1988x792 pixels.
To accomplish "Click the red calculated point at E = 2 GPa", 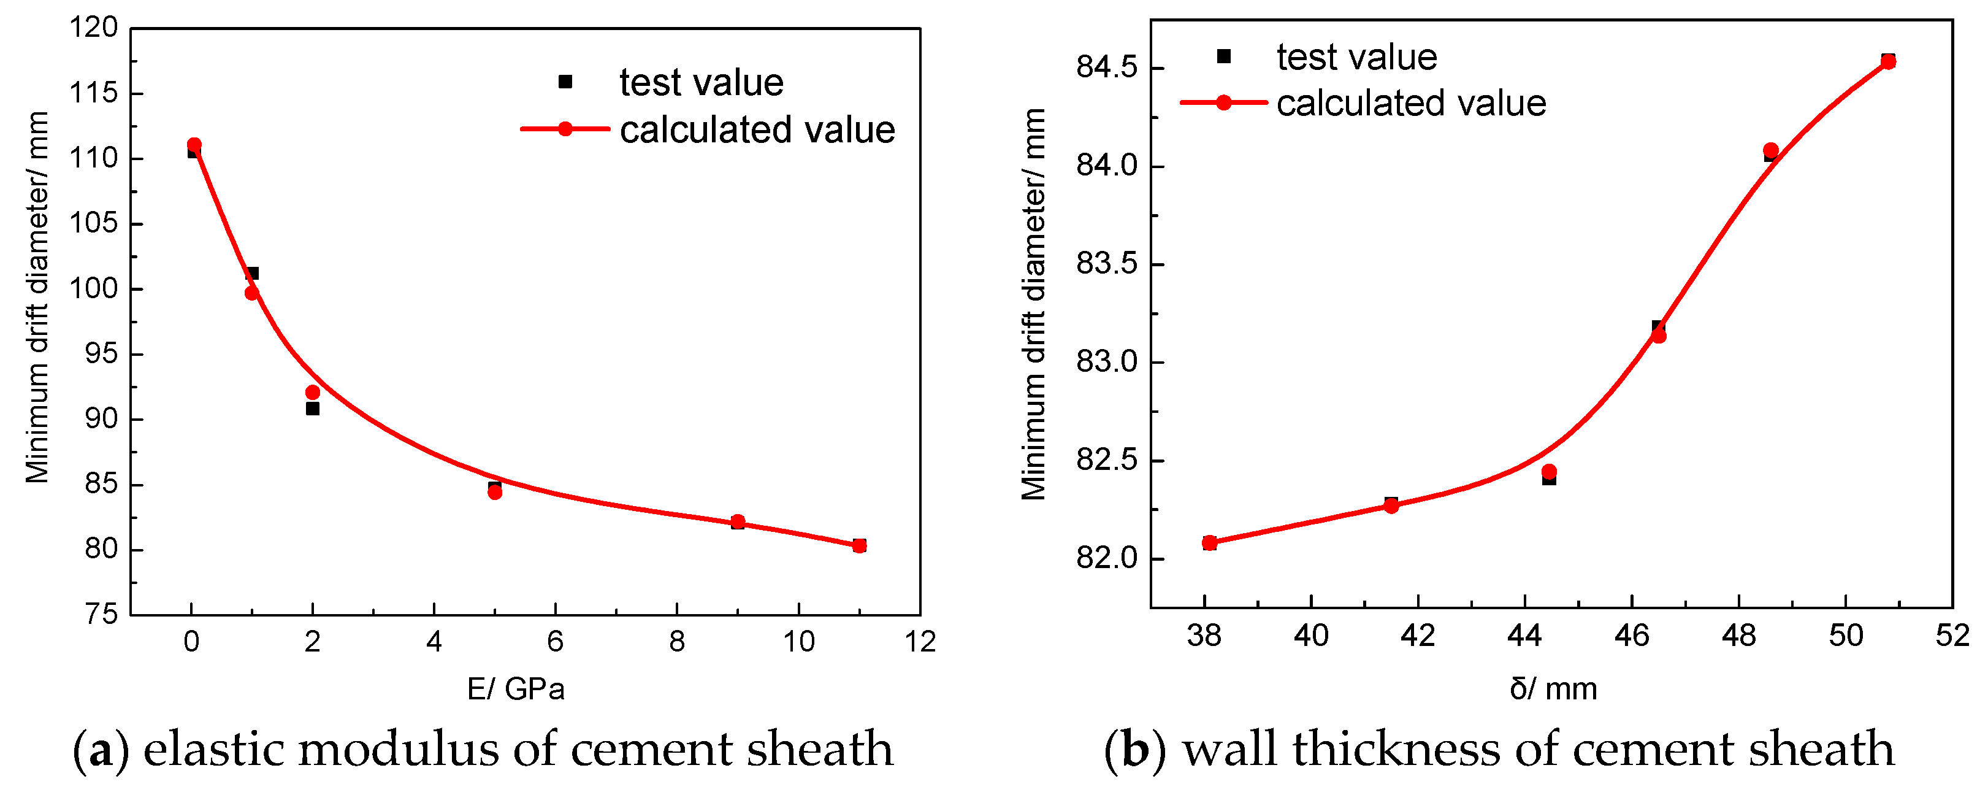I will pyautogui.click(x=313, y=392).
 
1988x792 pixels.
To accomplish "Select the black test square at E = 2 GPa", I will pyautogui.click(x=313, y=409).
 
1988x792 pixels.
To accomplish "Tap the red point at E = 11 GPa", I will pyautogui.click(x=859, y=546).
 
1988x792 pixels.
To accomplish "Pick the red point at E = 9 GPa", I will pyautogui.click(x=738, y=522).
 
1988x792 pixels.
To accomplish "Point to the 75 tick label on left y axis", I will pyautogui.click(x=101, y=615).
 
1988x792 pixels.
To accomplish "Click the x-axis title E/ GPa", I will pyautogui.click(x=516, y=688).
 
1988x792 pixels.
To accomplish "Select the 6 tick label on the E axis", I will pyautogui.click(x=555, y=642).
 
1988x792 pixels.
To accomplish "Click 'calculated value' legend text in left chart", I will pyautogui.click(x=757, y=129).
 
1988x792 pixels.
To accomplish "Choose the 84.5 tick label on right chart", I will pyautogui.click(x=1107, y=68).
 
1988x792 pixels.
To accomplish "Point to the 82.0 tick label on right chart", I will pyautogui.click(x=1107, y=558).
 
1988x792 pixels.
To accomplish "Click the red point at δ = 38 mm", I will pyautogui.click(x=1209, y=543).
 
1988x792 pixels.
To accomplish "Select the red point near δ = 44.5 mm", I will pyautogui.click(x=1549, y=472).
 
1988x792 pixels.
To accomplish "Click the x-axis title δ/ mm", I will pyautogui.click(x=1553, y=688).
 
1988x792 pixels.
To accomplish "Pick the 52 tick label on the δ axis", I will pyautogui.click(x=1952, y=636).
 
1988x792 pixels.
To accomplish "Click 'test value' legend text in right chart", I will pyautogui.click(x=1357, y=57).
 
